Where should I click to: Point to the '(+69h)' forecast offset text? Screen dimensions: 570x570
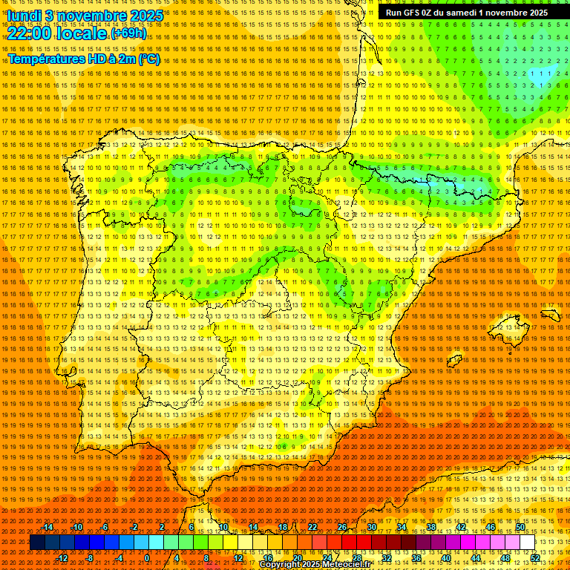(128, 33)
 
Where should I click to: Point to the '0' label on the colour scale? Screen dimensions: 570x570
(147, 558)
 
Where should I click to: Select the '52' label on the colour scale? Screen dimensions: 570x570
(535, 558)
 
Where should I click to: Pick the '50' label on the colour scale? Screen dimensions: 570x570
(520, 527)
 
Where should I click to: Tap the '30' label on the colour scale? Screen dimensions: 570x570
(371, 527)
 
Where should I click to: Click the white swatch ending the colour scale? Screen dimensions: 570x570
(528, 543)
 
